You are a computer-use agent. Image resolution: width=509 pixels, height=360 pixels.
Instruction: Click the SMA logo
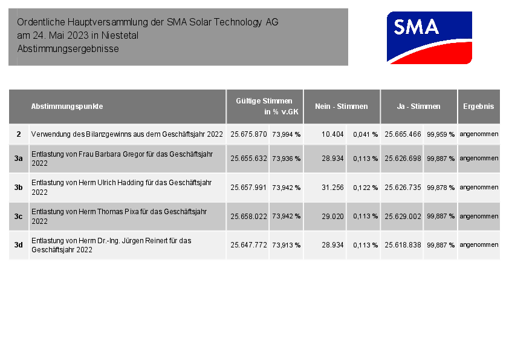click(x=429, y=38)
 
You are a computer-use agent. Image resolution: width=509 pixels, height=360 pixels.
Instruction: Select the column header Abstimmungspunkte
click(x=67, y=106)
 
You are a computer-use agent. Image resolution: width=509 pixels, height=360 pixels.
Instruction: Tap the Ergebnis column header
click(x=478, y=106)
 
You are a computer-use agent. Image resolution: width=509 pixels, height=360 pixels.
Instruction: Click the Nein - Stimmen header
click(x=342, y=106)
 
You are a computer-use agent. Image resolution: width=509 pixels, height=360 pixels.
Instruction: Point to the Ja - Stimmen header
click(x=418, y=106)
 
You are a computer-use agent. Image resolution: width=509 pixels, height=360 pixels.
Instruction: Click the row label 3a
click(x=19, y=159)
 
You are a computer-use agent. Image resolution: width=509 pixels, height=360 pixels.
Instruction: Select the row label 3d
click(x=19, y=245)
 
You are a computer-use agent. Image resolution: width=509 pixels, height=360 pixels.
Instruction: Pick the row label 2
click(x=19, y=134)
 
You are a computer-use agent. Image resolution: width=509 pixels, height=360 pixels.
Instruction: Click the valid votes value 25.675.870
click(x=248, y=134)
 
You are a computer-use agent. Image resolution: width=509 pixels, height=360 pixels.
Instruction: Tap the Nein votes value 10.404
click(x=332, y=134)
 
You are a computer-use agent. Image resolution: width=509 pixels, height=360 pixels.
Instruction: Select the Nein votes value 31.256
click(x=332, y=188)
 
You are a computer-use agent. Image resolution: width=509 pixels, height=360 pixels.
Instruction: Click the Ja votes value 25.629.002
click(x=403, y=216)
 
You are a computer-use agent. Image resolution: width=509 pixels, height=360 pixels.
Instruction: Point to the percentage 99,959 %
click(x=441, y=134)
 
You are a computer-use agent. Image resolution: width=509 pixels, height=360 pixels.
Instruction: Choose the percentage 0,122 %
click(x=365, y=188)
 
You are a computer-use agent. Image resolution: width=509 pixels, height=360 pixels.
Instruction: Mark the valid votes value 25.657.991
click(x=248, y=188)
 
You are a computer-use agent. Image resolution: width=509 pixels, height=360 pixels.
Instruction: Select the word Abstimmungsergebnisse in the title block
click(x=68, y=48)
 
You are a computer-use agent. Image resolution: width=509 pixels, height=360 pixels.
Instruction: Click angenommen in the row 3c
click(x=479, y=216)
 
